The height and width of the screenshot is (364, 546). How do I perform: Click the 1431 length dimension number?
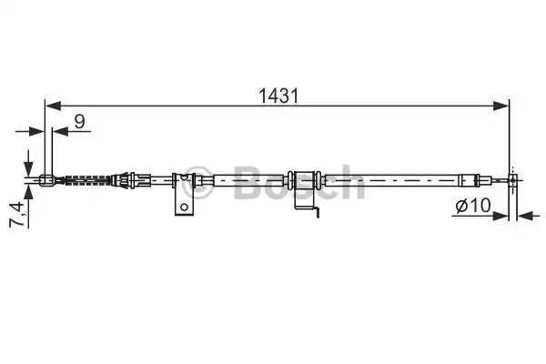278,93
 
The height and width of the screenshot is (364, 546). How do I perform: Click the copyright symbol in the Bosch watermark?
191,176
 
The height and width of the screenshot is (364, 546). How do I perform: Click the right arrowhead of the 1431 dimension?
502,105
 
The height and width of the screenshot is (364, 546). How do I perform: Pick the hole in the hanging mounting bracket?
184,207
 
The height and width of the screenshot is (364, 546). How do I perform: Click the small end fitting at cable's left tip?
47,179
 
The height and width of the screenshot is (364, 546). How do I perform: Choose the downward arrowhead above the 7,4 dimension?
29,159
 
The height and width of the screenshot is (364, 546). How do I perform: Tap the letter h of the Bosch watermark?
350,183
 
